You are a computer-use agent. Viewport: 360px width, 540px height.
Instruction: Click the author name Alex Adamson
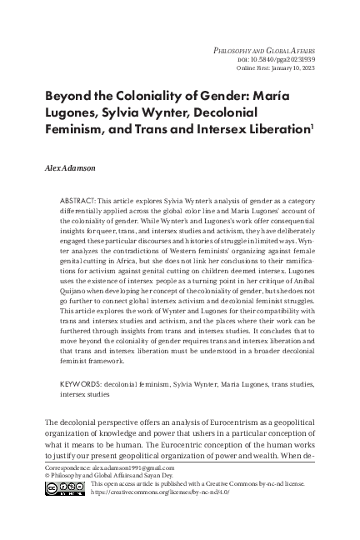pos(71,167)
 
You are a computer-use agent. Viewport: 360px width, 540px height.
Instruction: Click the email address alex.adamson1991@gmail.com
pos(128,492)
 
